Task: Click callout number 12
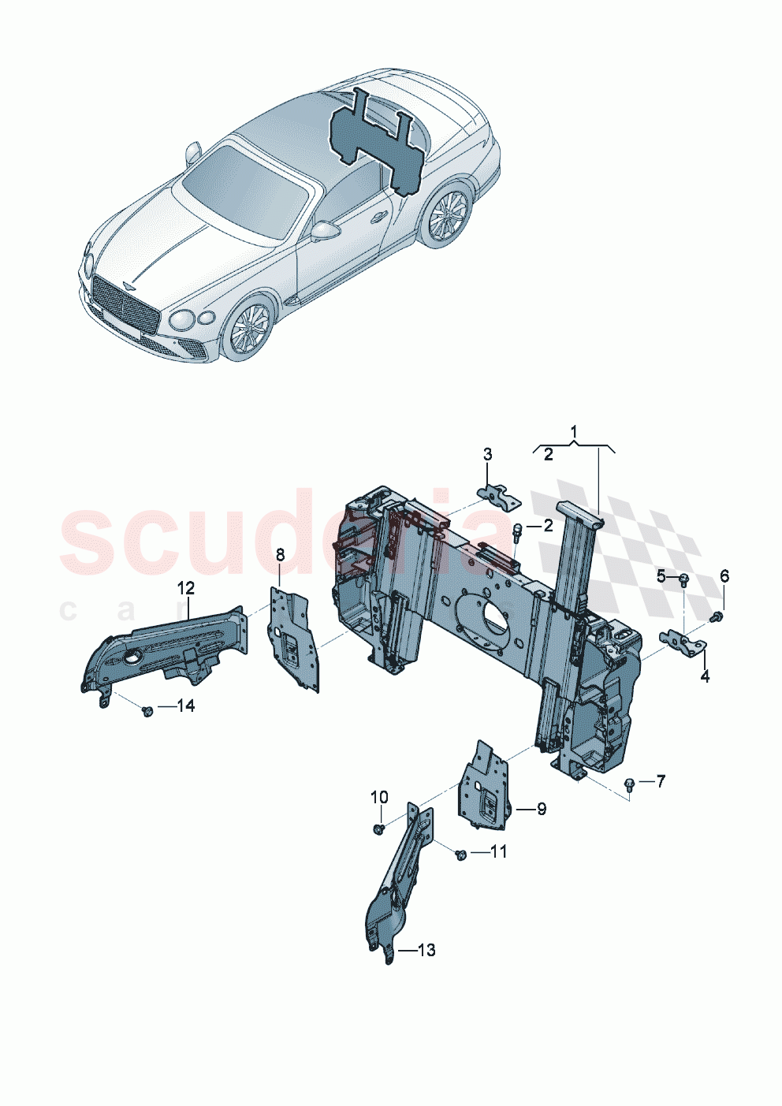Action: (x=185, y=588)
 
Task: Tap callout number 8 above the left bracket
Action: (x=280, y=555)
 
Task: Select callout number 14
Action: (x=185, y=706)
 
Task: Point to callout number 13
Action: (x=426, y=950)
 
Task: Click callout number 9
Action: (x=542, y=809)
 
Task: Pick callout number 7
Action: (x=660, y=781)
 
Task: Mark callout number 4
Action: (x=705, y=676)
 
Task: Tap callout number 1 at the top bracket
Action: (x=574, y=431)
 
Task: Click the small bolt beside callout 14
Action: (x=147, y=711)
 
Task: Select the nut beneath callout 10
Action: (x=379, y=829)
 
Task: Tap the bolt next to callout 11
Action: (x=461, y=855)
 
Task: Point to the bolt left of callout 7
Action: (x=629, y=784)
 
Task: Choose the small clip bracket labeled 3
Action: (x=498, y=496)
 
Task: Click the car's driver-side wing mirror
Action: (x=324, y=232)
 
